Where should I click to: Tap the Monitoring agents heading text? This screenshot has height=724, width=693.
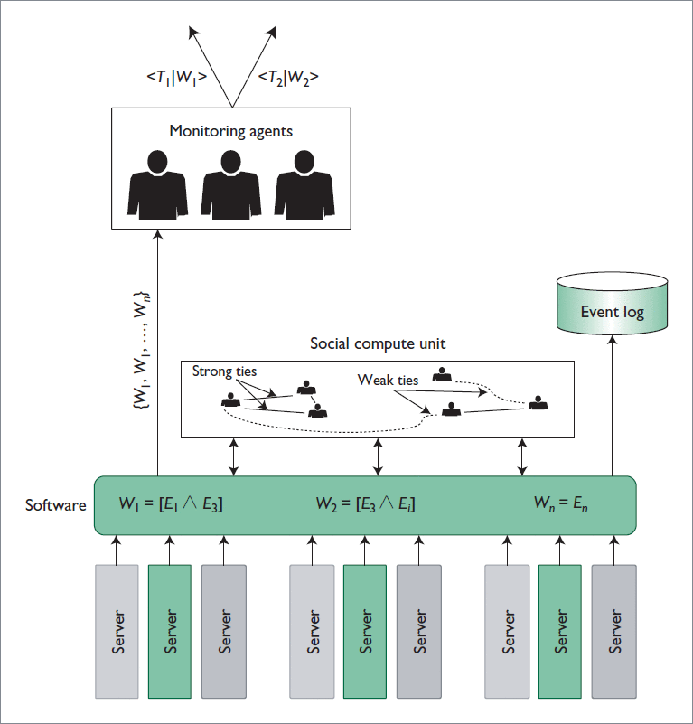pyautogui.click(x=231, y=131)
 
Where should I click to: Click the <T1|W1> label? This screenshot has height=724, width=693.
pyautogui.click(x=176, y=78)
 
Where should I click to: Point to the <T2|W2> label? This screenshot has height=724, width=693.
pyautogui.click(x=288, y=78)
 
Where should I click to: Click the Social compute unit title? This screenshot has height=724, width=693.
pyautogui.click(x=378, y=343)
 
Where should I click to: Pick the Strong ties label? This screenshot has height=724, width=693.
pyautogui.click(x=225, y=371)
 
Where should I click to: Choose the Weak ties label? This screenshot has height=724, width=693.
pyautogui.click(x=388, y=380)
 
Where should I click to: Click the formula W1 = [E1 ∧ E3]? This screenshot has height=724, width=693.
pyautogui.click(x=171, y=503)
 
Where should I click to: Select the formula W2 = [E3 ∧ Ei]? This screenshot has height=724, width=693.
pyautogui.click(x=366, y=503)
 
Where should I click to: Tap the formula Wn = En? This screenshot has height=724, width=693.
pyautogui.click(x=560, y=503)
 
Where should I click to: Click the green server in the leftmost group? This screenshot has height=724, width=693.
pyautogui.click(x=169, y=631)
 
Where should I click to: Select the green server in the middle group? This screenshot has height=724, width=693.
pyautogui.click(x=364, y=631)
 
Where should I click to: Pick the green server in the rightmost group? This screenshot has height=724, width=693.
pyautogui.click(x=560, y=631)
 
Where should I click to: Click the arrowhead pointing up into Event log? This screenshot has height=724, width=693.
pyautogui.click(x=613, y=340)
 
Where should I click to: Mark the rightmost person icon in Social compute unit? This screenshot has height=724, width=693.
pyautogui.click(x=539, y=402)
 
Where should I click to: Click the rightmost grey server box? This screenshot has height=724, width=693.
pyautogui.click(x=614, y=631)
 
